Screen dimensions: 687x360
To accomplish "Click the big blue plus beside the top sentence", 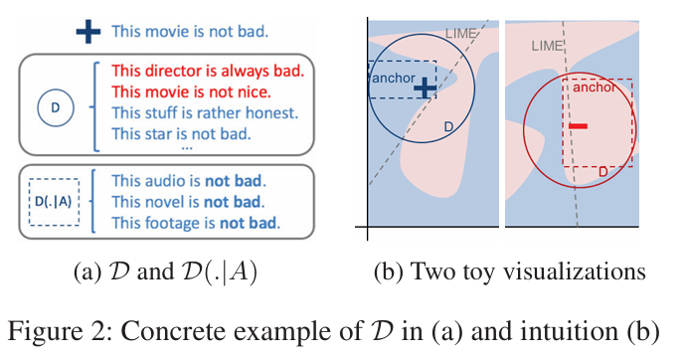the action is pos(88,32).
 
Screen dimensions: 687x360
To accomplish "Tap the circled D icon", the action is pos(56,107).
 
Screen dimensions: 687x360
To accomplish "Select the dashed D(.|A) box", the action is pos(54,202).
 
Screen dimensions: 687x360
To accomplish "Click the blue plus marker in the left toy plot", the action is pos(425,89).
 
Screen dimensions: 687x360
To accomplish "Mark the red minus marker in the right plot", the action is pos(578,126).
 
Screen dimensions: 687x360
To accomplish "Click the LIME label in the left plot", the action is pos(461,34).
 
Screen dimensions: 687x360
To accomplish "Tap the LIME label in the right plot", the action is pos(547,46).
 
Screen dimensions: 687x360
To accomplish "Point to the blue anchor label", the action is pos(393,78).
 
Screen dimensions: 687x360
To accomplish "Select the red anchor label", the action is pos(595,88).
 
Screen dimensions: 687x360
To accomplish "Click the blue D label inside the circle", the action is pos(448,127).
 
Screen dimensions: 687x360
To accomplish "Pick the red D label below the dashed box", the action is pos(602,172).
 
